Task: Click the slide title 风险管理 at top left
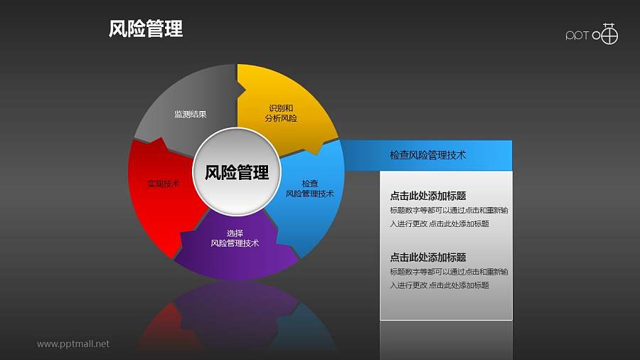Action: click(x=146, y=29)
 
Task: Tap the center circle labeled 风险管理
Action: click(x=237, y=172)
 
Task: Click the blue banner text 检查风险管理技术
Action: click(x=428, y=154)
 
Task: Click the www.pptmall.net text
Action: click(x=73, y=344)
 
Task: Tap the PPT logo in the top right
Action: click(x=592, y=34)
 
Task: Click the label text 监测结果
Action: click(x=191, y=114)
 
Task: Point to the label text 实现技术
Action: click(x=163, y=184)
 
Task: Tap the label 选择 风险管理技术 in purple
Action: click(x=235, y=238)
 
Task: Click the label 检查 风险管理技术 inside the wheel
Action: click(x=309, y=189)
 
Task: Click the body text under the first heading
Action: click(x=449, y=217)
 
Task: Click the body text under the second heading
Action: click(x=449, y=278)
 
